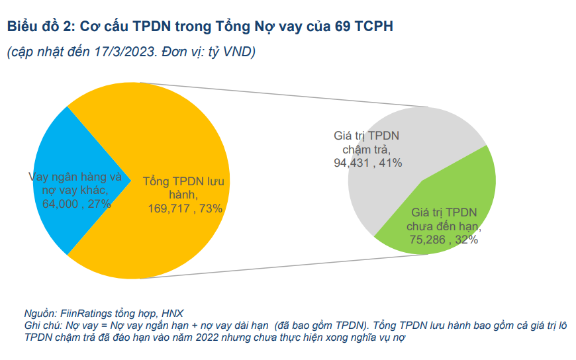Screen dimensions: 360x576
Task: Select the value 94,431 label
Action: pyautogui.click(x=354, y=162)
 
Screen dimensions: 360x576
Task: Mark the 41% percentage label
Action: pyautogui.click(x=391, y=162)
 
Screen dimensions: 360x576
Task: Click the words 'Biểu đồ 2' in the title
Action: pyautogui.click(x=38, y=26)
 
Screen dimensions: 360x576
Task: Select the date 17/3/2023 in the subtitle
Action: pyautogui.click(x=126, y=52)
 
